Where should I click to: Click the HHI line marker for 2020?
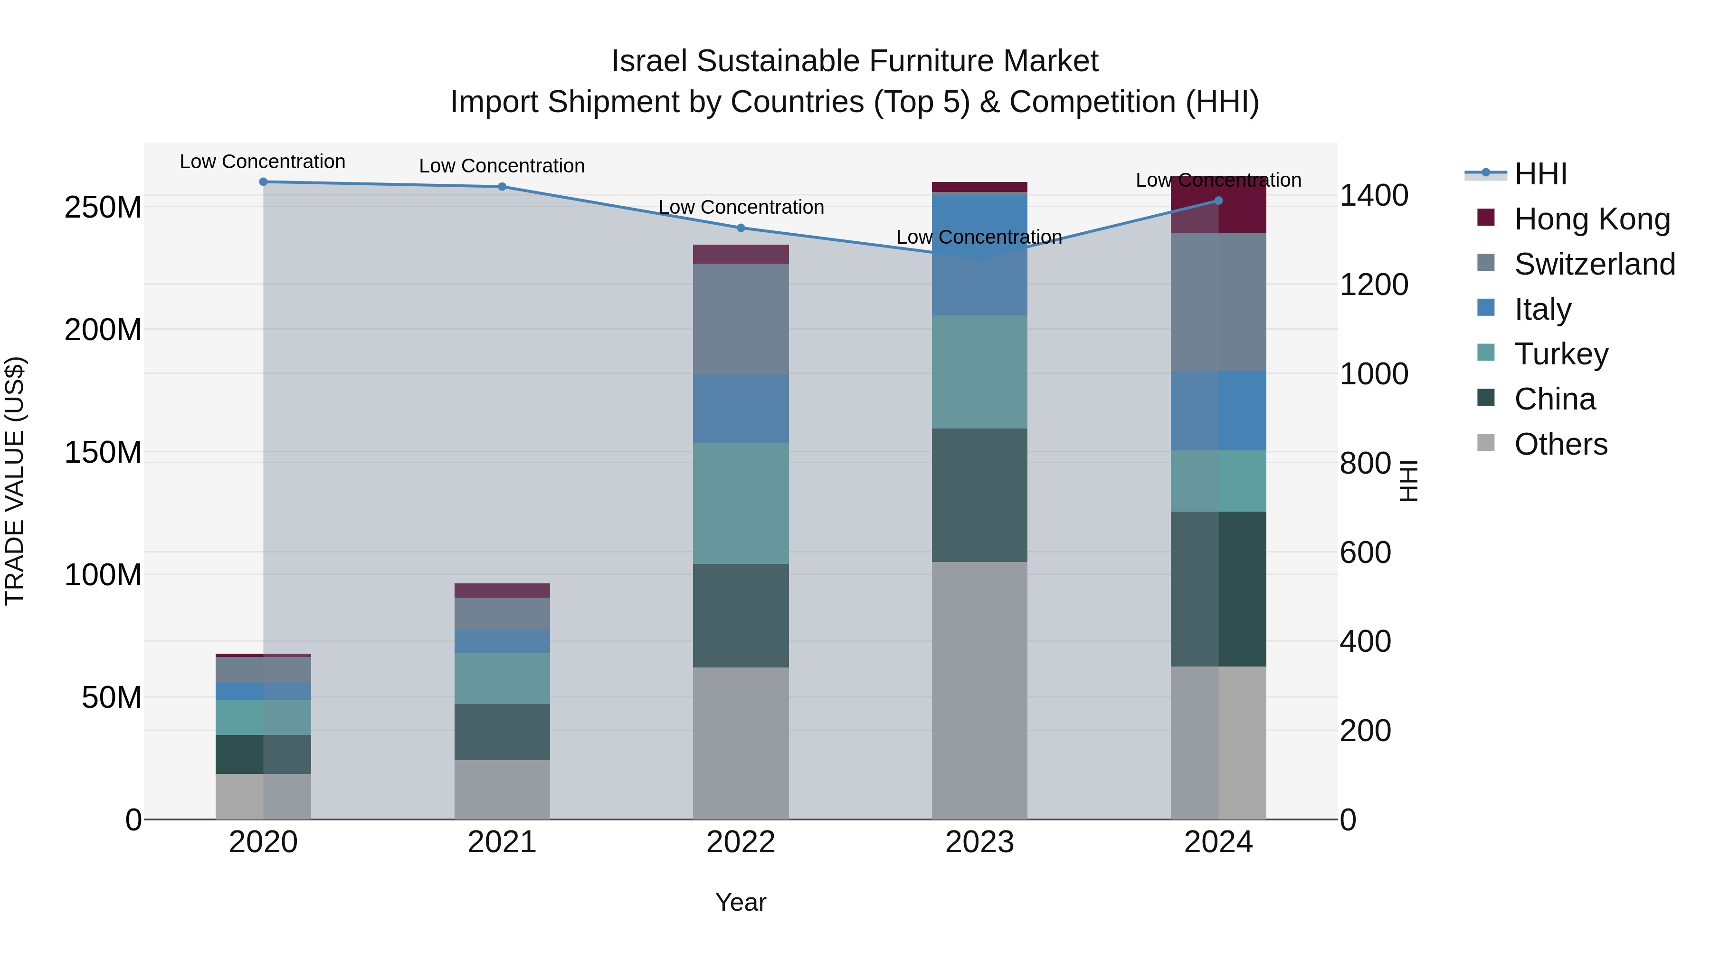pyautogui.click(x=264, y=182)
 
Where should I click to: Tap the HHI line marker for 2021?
pyautogui.click(x=502, y=187)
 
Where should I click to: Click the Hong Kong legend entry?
pyautogui.click(x=1591, y=219)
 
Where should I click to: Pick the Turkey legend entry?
pyautogui.click(x=1561, y=354)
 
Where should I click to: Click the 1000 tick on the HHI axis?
pyautogui.click(x=1373, y=374)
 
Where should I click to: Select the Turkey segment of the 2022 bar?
pyautogui.click(x=741, y=503)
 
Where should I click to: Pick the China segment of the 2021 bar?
pyautogui.click(x=502, y=732)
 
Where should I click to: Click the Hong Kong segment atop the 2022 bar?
pyautogui.click(x=741, y=254)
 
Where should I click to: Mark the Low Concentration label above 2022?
pyautogui.click(x=741, y=207)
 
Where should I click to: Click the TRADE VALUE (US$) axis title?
pyautogui.click(x=15, y=481)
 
